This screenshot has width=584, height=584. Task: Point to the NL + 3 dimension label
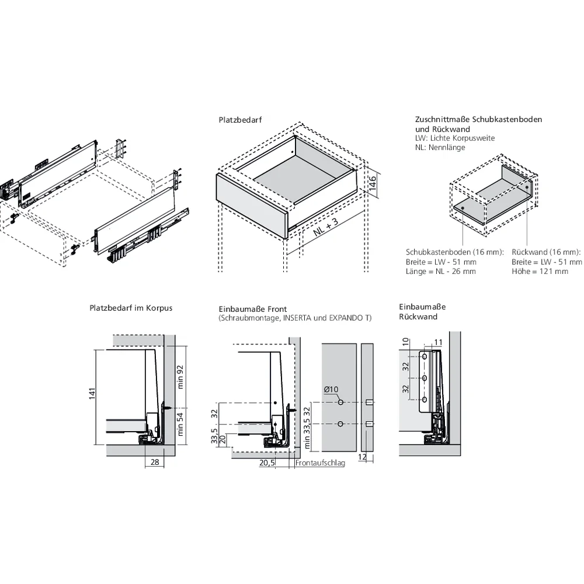click(326, 225)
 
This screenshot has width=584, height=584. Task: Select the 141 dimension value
click(92, 395)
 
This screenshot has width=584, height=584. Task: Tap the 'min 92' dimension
click(180, 377)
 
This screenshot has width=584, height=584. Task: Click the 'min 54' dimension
click(180, 425)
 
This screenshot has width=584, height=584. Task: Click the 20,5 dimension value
click(267, 463)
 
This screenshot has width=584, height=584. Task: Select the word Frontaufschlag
click(321, 463)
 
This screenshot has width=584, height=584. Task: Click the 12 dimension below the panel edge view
click(363, 457)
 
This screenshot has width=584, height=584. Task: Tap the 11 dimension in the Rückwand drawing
click(439, 342)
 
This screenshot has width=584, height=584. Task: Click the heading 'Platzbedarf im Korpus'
click(131, 307)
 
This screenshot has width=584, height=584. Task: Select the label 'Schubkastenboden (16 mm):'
click(455, 252)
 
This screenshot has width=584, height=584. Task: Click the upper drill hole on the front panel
click(340, 403)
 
